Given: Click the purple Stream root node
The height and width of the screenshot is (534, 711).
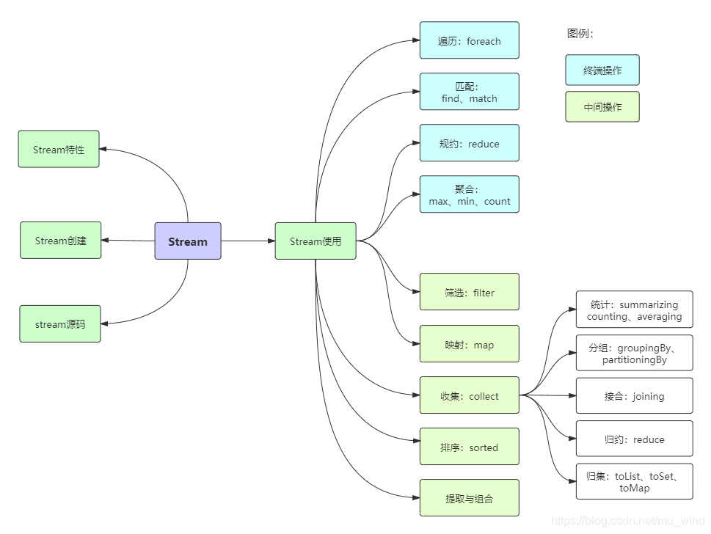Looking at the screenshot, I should pos(187,241).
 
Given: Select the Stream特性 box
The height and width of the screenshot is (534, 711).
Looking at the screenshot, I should pos(59,150).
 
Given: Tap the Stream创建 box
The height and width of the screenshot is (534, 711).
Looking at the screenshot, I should pos(60,241).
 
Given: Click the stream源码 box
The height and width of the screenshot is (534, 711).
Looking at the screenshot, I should pos(60,324).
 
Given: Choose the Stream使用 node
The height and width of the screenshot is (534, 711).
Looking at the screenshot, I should pos(316,241).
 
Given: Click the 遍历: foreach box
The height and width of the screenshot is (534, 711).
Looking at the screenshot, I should pos(469,41).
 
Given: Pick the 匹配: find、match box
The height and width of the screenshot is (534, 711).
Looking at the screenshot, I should pos(469,92).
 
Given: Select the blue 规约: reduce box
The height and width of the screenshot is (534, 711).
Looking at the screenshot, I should pos(469,144).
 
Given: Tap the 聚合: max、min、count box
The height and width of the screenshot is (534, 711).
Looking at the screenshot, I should pos(469,194).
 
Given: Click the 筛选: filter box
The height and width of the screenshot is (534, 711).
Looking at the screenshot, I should pos(469,293).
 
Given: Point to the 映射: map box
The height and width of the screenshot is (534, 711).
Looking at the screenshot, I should pos(469,345).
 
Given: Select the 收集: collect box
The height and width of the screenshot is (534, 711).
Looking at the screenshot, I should pos(469,396).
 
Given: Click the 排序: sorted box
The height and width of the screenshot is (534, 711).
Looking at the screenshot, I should pos(469,447).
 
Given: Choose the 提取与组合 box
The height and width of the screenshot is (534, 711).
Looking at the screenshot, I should pos(469,499).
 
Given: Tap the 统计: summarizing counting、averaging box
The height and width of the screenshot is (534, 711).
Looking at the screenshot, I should pos(634,310).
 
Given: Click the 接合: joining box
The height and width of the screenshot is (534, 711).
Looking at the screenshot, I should pos(634,396).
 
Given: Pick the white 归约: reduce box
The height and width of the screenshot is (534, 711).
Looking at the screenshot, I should pos(634,439).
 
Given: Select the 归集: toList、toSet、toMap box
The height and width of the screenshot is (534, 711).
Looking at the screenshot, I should pos(634,482).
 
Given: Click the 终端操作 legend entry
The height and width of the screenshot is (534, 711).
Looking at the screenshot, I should pos(602,70).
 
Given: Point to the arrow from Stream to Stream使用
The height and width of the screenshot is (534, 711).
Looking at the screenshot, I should pos(248,241).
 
